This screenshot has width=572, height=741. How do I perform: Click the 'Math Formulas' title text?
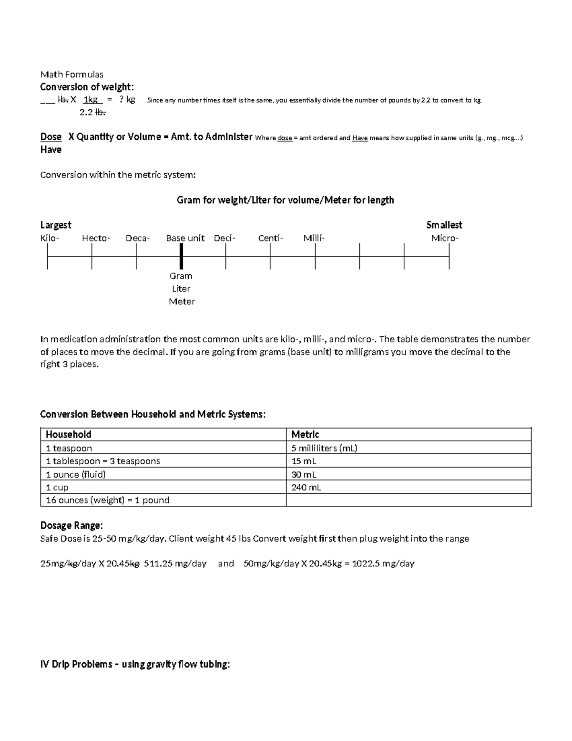71,74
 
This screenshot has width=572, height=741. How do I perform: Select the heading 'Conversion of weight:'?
87,87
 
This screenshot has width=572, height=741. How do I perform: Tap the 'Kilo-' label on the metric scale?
50,238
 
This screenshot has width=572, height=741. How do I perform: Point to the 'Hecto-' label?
96,238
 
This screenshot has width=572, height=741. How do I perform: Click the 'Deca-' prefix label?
138,238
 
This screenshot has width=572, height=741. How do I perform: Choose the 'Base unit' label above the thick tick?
185,238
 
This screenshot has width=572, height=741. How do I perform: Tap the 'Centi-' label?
270,238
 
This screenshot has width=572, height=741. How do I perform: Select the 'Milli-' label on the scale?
314,238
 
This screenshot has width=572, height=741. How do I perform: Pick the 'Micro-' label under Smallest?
445,238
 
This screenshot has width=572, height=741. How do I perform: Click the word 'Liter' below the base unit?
181,289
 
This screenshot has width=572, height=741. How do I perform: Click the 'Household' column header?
68,434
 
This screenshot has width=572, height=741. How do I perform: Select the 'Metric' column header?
305,434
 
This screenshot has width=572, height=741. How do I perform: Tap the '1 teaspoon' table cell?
69,448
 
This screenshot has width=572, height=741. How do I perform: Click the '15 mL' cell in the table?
304,461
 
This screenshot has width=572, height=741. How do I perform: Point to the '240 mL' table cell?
306,487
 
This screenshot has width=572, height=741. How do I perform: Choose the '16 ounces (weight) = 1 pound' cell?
107,500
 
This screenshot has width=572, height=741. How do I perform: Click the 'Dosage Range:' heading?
71,525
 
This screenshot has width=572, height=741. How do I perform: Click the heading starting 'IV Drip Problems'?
135,664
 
